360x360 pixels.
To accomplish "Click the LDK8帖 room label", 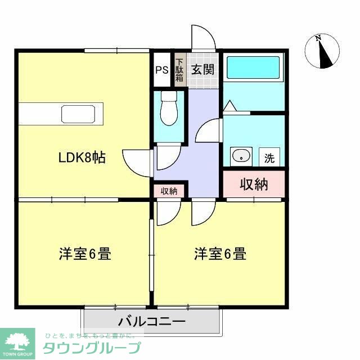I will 83,158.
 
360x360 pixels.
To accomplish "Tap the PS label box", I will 162,70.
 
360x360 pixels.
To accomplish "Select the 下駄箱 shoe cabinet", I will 179,70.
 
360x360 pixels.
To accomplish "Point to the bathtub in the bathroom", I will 253,69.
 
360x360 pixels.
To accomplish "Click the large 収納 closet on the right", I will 254,184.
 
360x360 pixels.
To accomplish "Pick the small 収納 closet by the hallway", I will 169,191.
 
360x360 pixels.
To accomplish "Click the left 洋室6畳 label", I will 85,254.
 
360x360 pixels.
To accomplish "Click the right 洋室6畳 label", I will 220,254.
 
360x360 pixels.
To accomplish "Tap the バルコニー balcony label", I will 152,322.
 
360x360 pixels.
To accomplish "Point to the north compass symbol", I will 323,52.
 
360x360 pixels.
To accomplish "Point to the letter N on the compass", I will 318,38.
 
